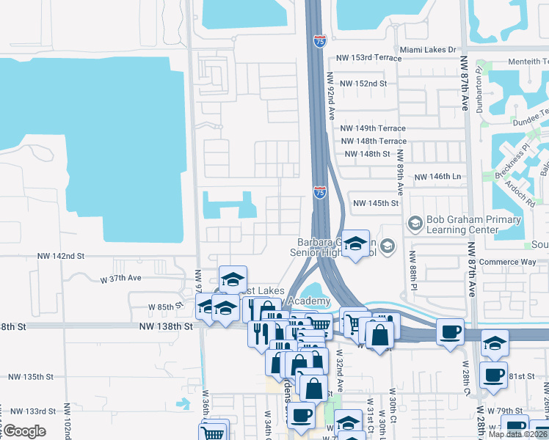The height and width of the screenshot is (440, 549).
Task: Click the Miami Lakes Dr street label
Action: pyautogui.click(x=428, y=50)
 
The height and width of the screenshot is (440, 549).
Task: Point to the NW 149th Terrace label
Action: pyautogui.click(x=374, y=128)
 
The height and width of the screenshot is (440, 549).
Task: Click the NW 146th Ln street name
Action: pyautogui.click(x=437, y=177)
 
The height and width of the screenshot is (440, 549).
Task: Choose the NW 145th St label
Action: pyautogui.click(x=376, y=203)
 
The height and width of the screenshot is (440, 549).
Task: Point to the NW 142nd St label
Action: pyautogui.click(x=62, y=256)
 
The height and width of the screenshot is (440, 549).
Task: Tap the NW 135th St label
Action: pyautogui.click(x=31, y=377)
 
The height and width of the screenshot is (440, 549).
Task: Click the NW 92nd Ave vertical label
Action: pyautogui.click(x=331, y=96)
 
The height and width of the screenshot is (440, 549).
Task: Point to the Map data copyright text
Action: pyautogui.click(x=517, y=434)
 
